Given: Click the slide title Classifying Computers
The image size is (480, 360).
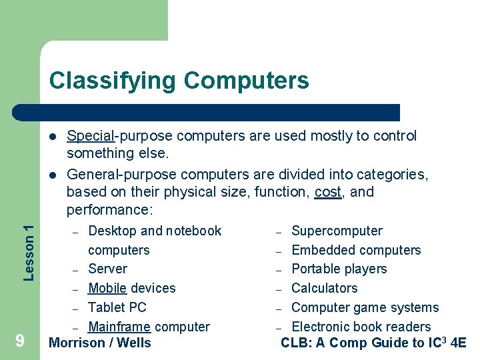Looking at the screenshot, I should pos(179,81).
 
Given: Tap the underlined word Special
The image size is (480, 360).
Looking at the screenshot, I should pos(90,136).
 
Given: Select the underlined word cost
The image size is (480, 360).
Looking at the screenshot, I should pos(328,192).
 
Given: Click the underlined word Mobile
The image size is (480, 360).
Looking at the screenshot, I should pos(107,288).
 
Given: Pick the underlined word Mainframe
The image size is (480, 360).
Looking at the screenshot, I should pos(120,327).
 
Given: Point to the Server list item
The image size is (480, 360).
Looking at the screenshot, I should pos(107,269).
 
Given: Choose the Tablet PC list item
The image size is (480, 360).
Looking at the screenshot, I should pos(117,307).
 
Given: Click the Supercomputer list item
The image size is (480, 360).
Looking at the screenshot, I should pos(337,231).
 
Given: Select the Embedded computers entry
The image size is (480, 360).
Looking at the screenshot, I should pos(356,250).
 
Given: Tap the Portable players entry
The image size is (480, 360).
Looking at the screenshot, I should pos(339,269).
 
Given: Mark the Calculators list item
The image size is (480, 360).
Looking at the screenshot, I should pos(324,288).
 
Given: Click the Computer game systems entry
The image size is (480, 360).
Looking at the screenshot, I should pos(365,307).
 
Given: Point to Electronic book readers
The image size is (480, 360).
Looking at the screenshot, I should pos(361,327).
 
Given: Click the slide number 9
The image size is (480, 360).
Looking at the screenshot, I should pos(20,341).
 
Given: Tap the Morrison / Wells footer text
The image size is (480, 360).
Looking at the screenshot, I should pos(100,343).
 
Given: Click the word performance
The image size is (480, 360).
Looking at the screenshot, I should pos(109,211).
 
